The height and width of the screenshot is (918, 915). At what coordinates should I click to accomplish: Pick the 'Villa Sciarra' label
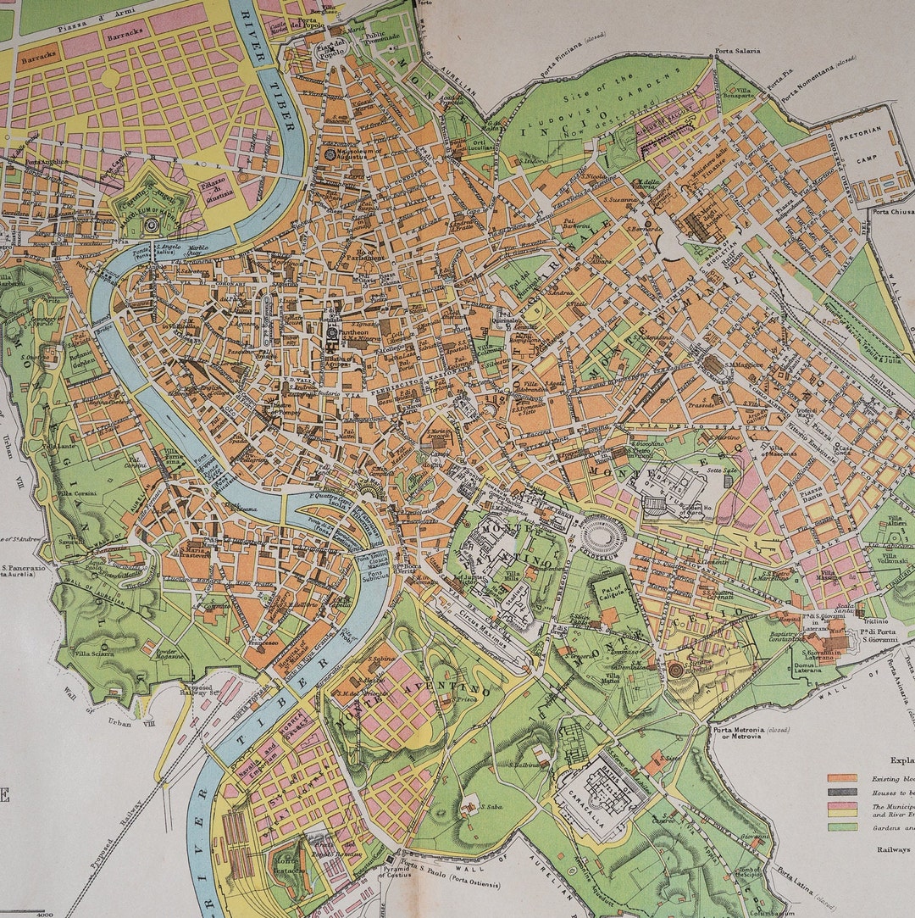(94, 654)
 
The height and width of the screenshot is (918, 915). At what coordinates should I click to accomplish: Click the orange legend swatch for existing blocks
(842, 777)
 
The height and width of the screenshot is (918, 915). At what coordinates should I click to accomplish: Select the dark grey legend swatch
(842, 793)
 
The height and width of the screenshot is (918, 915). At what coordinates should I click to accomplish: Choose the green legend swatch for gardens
(842, 826)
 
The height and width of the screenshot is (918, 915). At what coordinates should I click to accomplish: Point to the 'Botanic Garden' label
(83, 362)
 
